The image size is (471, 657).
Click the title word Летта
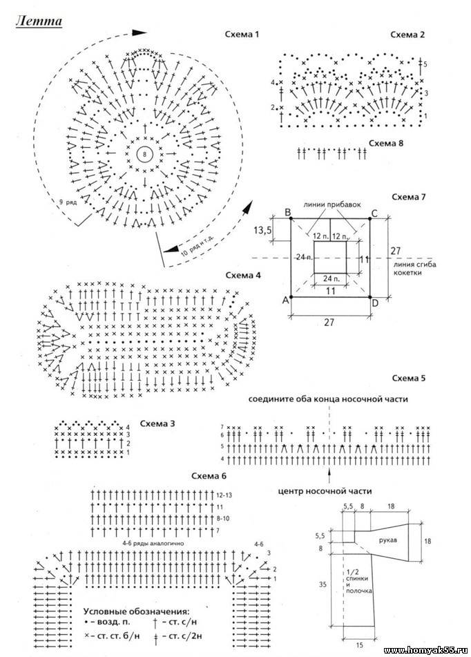(39, 21)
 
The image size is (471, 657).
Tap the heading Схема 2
(407, 34)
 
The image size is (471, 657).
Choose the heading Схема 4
(243, 275)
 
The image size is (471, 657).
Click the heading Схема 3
(157, 422)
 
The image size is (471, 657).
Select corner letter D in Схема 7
(374, 303)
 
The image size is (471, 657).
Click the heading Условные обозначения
(136, 611)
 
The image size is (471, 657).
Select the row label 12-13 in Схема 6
(222, 495)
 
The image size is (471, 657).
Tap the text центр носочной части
(325, 491)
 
